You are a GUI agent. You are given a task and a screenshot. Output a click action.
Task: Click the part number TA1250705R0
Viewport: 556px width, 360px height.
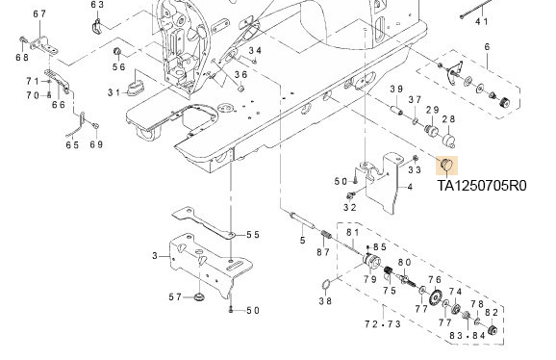(x=482, y=186)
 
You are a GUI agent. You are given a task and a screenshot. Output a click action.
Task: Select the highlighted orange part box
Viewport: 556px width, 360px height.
(x=446, y=166)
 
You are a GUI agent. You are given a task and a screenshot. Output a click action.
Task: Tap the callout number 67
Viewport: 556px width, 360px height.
(x=39, y=13)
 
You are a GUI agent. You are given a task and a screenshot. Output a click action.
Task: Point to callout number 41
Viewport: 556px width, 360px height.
(x=482, y=21)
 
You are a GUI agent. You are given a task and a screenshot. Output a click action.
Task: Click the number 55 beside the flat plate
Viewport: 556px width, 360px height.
(x=253, y=235)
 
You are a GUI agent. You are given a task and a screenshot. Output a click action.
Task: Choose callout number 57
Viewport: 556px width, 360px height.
(x=175, y=296)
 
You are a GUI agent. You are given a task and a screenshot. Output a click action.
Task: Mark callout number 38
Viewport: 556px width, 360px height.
(x=325, y=301)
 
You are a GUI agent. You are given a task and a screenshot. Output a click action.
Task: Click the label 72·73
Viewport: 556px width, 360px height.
(x=383, y=323)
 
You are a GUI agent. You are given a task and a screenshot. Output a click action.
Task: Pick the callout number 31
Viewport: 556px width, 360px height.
(x=114, y=92)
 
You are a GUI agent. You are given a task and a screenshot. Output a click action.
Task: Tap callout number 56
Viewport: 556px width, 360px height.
(x=118, y=66)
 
